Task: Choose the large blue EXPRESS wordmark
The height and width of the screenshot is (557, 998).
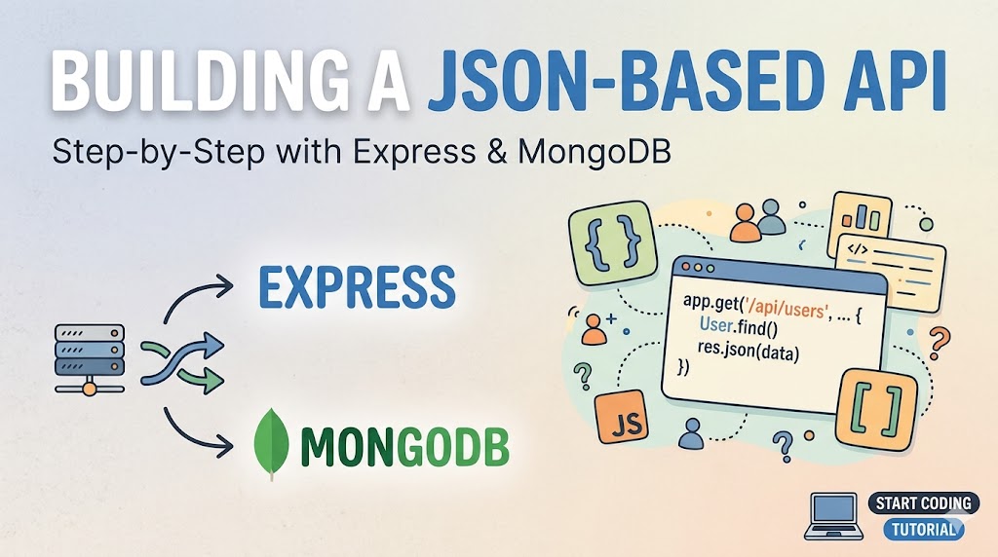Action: [356, 286]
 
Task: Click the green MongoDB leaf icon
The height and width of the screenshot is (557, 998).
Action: [271, 443]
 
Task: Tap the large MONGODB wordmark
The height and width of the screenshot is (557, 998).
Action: [405, 446]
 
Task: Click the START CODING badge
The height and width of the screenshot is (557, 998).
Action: [922, 502]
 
